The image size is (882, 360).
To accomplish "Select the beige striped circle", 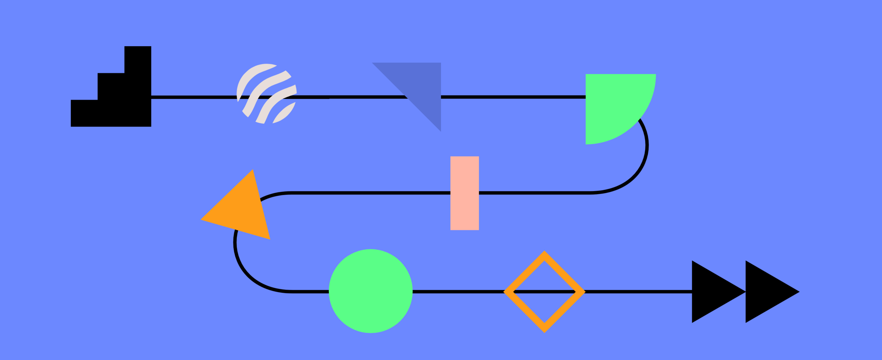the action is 266,94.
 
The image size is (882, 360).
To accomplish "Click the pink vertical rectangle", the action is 464,193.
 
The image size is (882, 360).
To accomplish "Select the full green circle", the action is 370,291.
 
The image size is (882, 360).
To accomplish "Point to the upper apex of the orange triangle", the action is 252,171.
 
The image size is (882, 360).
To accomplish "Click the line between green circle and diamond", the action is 459,292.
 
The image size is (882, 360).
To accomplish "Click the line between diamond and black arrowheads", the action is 635,292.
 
